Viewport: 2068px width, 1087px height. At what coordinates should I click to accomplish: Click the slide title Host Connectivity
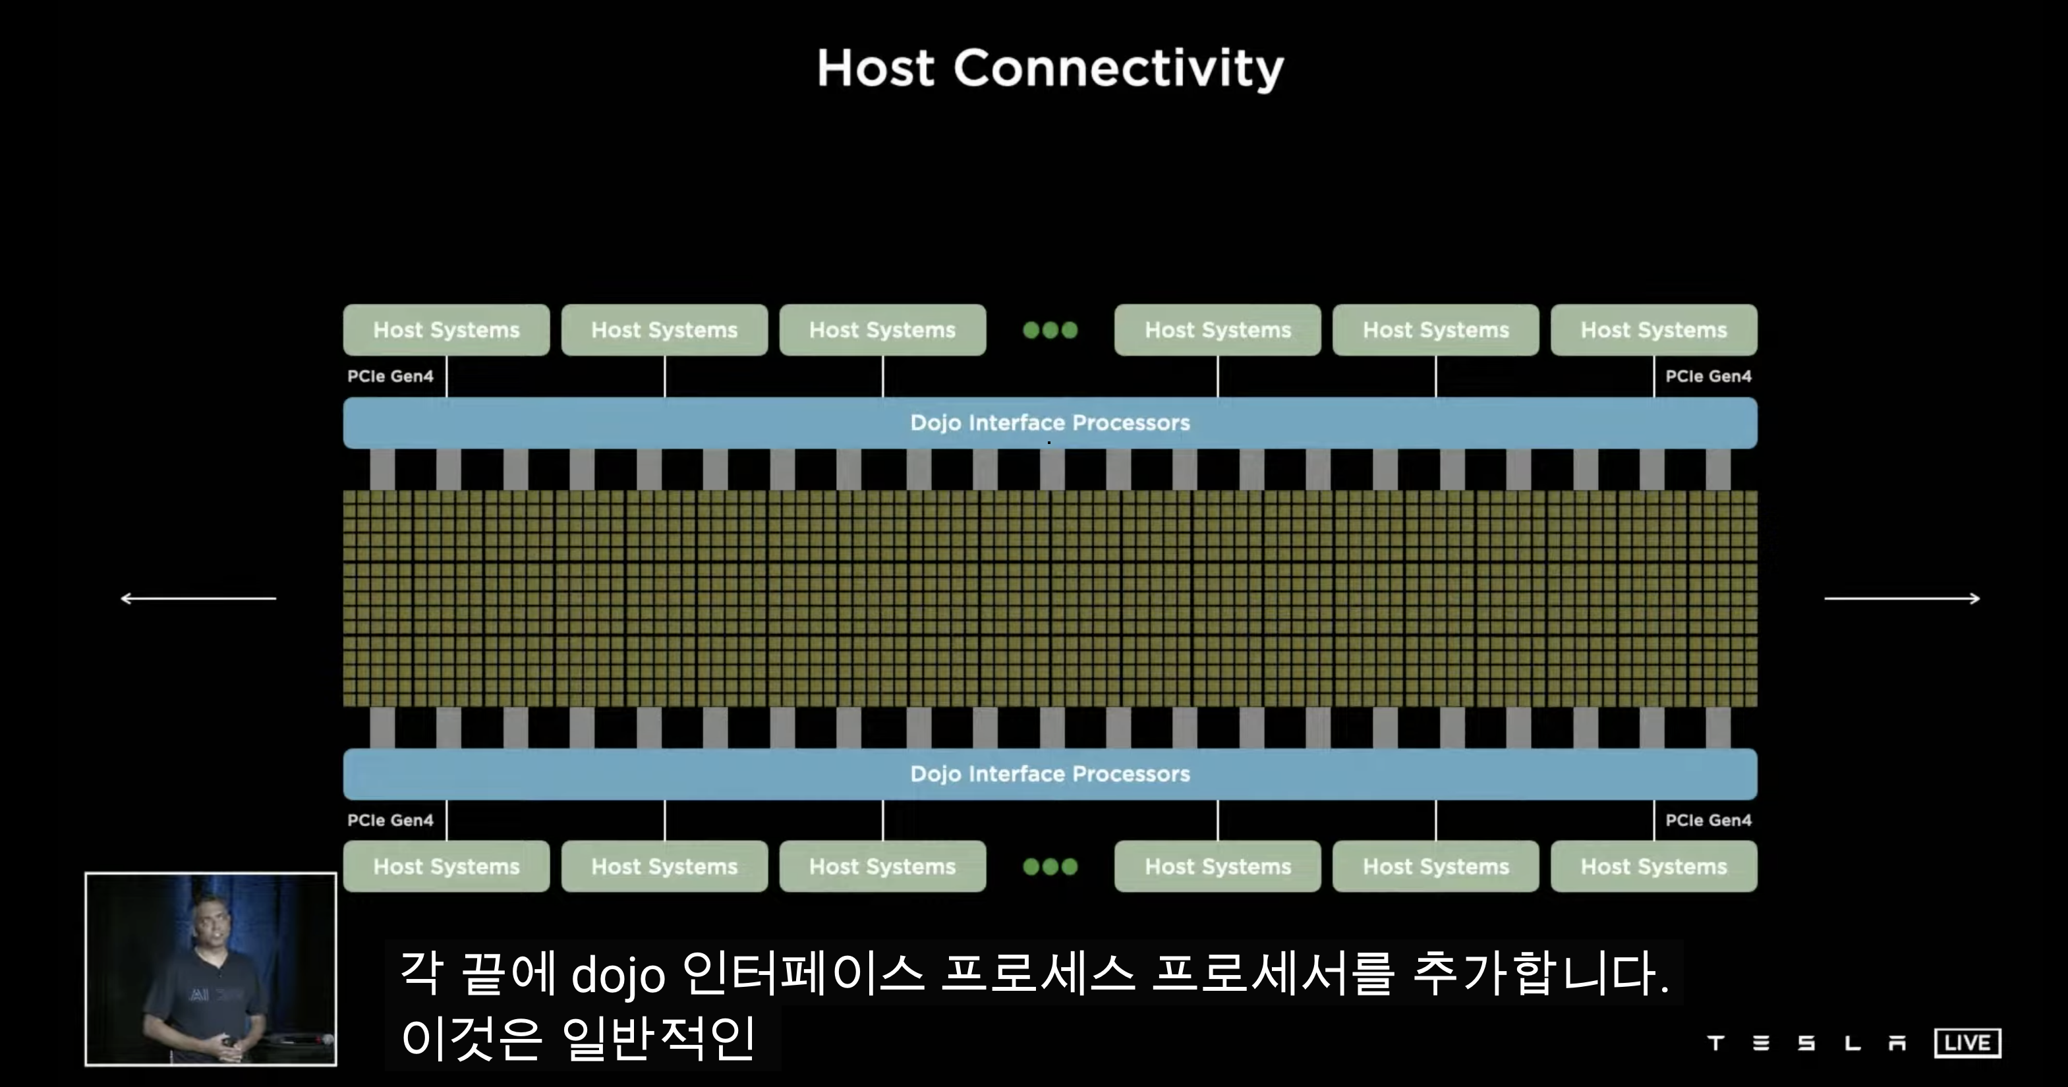coord(1050,69)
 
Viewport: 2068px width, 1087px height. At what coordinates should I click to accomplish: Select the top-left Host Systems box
coord(446,330)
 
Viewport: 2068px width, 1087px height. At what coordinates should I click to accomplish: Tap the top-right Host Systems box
coord(1653,330)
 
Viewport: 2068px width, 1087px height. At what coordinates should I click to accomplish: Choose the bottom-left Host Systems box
coord(446,866)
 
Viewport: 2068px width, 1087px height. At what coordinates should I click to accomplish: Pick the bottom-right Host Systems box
coord(1653,866)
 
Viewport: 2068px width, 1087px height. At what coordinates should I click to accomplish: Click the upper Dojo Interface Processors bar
coord(1050,422)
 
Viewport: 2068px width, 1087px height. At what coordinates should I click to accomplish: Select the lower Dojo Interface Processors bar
coord(1050,774)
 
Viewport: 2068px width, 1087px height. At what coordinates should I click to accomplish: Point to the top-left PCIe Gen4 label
coord(390,376)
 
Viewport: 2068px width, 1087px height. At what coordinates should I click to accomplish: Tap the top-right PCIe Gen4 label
coord(1708,376)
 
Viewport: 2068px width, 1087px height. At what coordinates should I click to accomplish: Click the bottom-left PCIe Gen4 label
coord(390,820)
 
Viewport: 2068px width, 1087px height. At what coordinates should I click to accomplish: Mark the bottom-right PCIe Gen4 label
coord(1708,820)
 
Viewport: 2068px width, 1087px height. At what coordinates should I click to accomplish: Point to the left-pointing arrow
coord(198,598)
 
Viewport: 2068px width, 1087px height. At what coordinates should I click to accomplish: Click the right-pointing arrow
coord(1903,598)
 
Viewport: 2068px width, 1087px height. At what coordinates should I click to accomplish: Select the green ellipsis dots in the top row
coord(1050,330)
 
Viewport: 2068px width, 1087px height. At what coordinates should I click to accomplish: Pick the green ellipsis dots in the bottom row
coord(1050,866)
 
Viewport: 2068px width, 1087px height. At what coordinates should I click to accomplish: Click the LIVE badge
coord(1967,1043)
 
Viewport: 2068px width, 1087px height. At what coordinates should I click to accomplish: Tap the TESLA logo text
coord(1806,1043)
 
